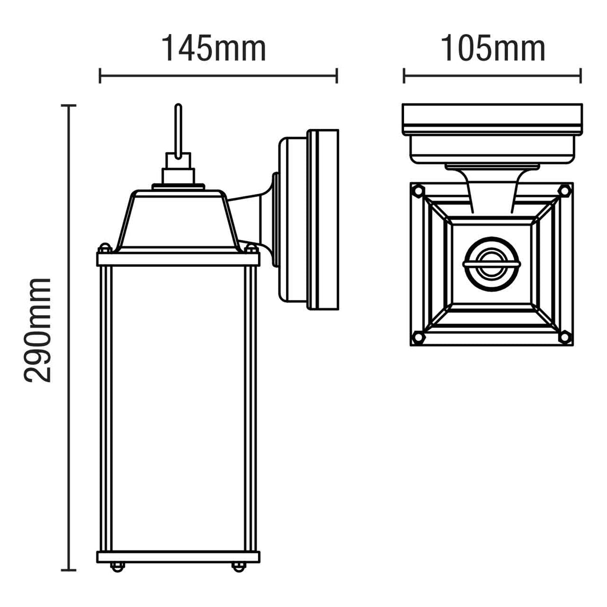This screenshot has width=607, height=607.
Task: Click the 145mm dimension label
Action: [x=213, y=48]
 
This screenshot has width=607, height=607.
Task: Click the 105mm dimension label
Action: [x=492, y=48]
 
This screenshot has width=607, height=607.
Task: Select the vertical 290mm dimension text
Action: [x=38, y=330]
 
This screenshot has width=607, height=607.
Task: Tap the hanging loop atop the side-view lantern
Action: [x=177, y=130]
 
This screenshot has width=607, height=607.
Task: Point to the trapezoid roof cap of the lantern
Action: [x=178, y=220]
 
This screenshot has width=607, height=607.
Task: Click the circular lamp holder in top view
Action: [x=491, y=263]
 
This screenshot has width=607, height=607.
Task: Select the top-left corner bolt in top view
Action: [x=418, y=190]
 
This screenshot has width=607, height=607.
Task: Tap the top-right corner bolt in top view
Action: [x=564, y=190]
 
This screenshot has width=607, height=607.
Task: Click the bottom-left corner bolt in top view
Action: [x=418, y=337]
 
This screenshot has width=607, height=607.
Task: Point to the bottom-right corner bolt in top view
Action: [x=564, y=337]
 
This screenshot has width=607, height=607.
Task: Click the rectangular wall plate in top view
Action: [x=492, y=118]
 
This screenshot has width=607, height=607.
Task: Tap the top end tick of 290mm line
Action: [x=68, y=106]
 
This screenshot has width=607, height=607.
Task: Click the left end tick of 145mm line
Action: [x=100, y=76]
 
